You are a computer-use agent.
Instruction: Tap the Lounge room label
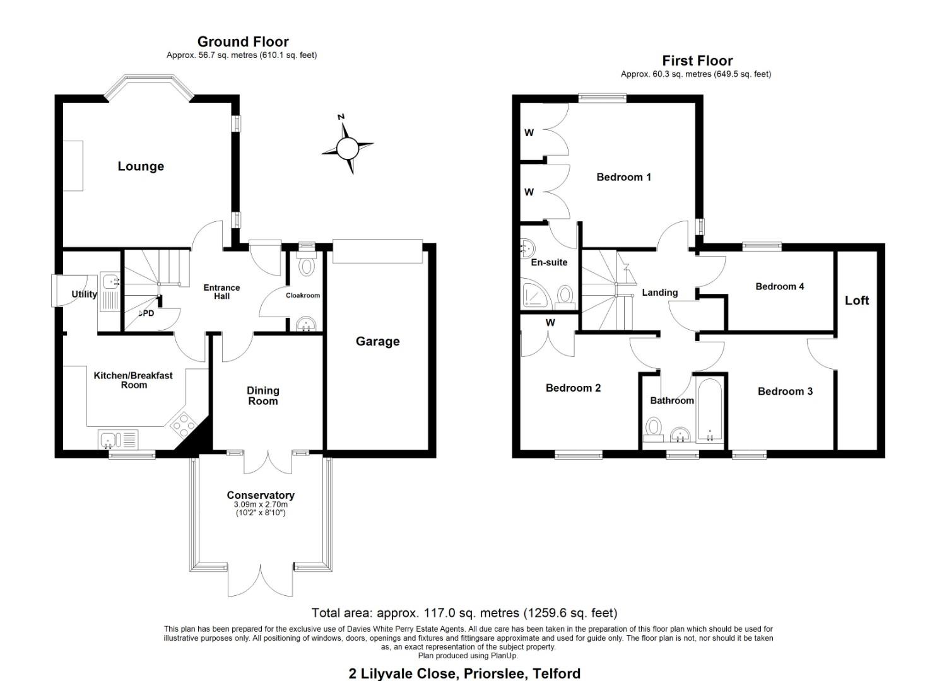pyautogui.click(x=141, y=166)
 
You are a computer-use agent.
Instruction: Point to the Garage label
pyautogui.click(x=377, y=342)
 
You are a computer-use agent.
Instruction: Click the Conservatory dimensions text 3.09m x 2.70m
pyautogui.click(x=261, y=504)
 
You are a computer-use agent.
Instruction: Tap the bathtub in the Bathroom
pyautogui.click(x=709, y=410)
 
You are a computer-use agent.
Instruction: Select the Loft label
pyautogui.click(x=857, y=301)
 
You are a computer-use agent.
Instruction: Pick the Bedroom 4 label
pyautogui.click(x=780, y=286)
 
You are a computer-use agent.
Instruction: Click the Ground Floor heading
pyautogui.click(x=243, y=42)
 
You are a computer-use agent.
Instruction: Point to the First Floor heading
pyautogui.click(x=697, y=61)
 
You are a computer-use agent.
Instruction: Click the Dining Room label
pyautogui.click(x=262, y=396)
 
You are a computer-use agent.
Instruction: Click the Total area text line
pyautogui.click(x=464, y=613)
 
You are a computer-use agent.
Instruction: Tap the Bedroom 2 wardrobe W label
pyautogui.click(x=550, y=323)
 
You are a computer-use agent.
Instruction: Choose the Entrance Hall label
pyautogui.click(x=221, y=292)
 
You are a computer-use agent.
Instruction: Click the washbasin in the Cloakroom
pyautogui.click(x=305, y=324)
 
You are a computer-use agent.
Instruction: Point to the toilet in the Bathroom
pyautogui.click(x=653, y=430)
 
